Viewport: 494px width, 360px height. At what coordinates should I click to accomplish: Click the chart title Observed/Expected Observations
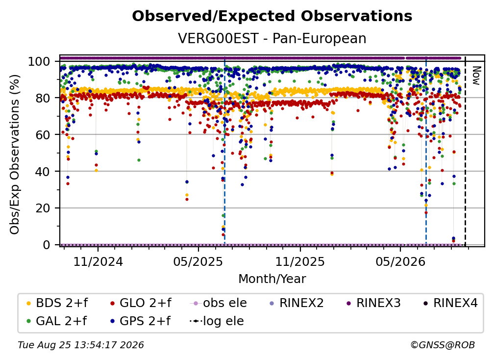(272, 16)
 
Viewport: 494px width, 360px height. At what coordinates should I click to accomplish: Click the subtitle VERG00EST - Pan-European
(272, 38)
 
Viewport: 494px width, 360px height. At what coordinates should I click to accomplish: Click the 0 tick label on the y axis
(47, 245)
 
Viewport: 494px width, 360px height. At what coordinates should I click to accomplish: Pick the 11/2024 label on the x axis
(98, 261)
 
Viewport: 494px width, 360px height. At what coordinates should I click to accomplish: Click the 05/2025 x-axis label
(198, 261)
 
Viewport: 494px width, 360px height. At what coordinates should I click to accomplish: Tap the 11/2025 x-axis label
(300, 261)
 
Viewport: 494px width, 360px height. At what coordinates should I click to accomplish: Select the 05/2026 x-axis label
(400, 261)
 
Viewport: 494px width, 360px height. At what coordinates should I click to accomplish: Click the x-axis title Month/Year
(272, 279)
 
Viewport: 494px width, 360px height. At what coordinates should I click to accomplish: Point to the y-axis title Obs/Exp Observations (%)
(15, 154)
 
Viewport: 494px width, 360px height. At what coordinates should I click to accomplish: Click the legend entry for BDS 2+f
(57, 303)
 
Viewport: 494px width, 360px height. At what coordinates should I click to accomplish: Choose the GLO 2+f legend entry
(141, 303)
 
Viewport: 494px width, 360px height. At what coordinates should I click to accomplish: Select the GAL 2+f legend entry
(56, 321)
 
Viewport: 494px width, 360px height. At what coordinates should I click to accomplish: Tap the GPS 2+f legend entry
(140, 321)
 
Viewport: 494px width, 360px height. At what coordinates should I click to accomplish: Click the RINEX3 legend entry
(373, 303)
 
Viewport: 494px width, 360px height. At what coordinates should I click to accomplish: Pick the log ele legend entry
(217, 321)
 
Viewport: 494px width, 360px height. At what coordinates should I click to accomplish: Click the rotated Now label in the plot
(476, 76)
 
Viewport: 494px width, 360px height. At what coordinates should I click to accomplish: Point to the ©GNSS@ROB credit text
(443, 345)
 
